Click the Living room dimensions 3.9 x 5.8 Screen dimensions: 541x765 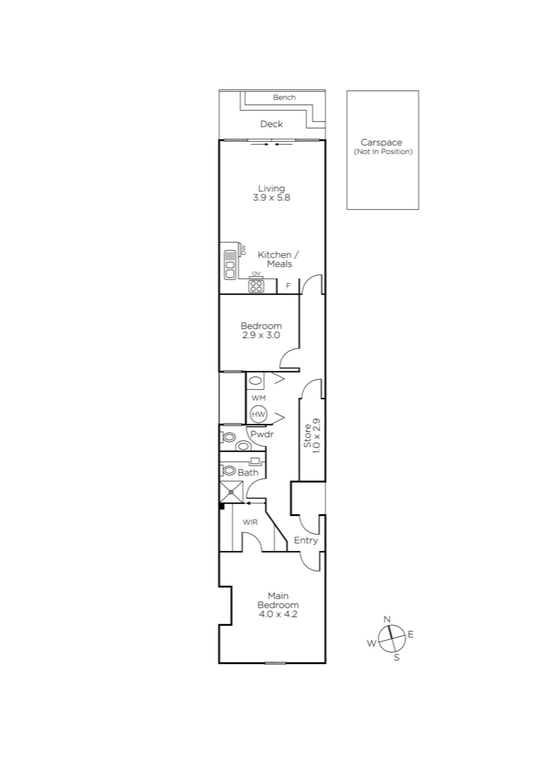[271, 198]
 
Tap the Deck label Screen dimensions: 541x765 [271, 124]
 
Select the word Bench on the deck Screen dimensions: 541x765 [284, 98]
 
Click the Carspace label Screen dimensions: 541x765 [381, 142]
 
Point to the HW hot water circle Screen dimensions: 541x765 [259, 414]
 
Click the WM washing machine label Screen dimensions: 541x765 [259, 398]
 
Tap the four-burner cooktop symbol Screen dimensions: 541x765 [256, 286]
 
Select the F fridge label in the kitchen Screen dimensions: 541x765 [288, 286]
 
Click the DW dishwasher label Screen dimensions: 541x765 [243, 250]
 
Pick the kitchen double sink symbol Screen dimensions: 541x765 [230, 265]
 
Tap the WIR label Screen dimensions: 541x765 [250, 522]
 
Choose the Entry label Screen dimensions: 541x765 [306, 541]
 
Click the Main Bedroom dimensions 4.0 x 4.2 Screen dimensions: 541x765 [278, 614]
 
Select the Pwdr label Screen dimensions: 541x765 [262, 435]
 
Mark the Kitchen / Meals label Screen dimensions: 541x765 [279, 259]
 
